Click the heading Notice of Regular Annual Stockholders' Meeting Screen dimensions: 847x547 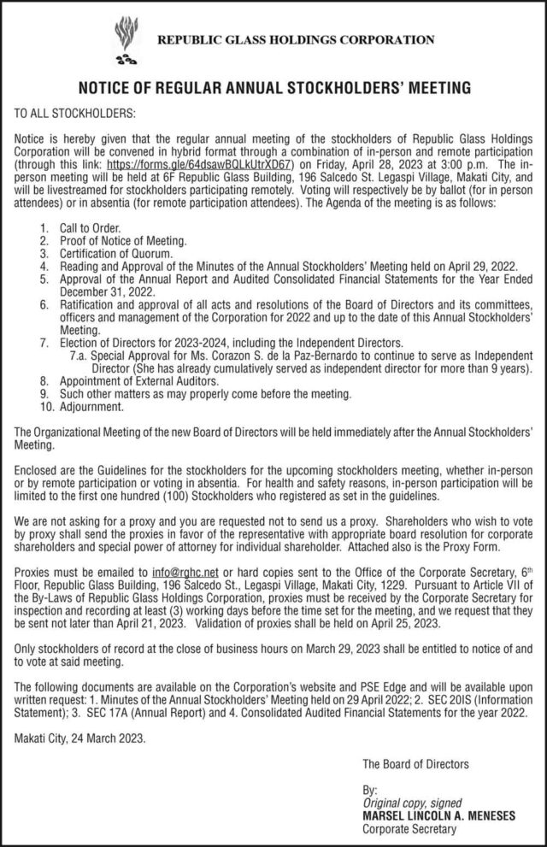[273, 87]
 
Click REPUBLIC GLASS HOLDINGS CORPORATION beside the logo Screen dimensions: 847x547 [294, 39]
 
